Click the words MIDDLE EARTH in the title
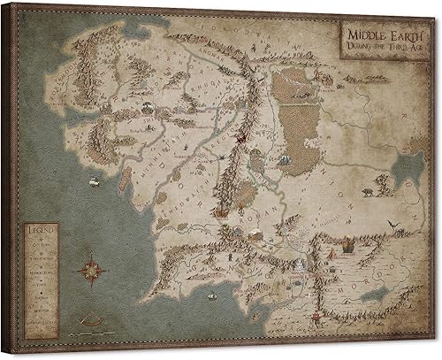tap(370, 32)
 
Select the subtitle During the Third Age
tap(370, 44)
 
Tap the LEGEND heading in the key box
tap(41, 232)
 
